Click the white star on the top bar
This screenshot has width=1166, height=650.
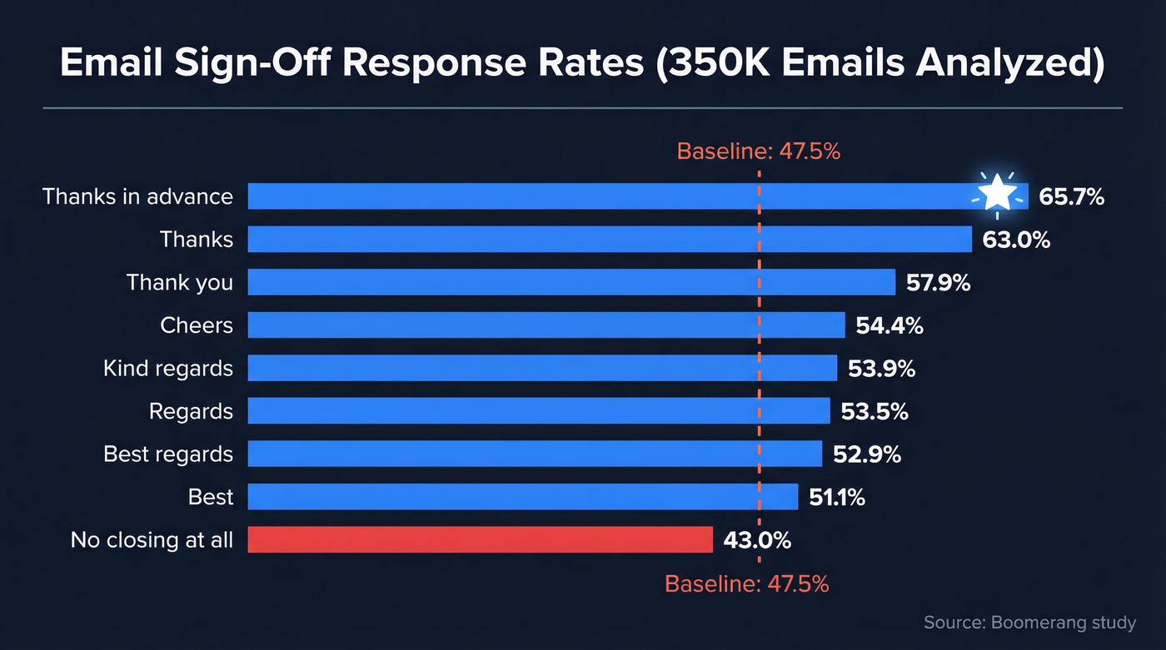pos(997,196)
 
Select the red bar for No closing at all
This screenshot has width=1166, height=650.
pos(481,539)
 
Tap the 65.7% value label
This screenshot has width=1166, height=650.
pos(1071,197)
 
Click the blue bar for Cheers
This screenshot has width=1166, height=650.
pos(546,325)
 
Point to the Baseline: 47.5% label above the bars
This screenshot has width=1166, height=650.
pos(758,151)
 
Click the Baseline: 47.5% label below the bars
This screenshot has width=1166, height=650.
pos(747,583)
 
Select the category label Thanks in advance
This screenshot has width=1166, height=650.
pos(137,196)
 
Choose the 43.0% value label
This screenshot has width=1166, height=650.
pos(757,540)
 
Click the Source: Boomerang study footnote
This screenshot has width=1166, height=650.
pos(1029,623)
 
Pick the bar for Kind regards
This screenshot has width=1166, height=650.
pos(542,368)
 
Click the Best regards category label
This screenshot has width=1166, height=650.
pos(168,454)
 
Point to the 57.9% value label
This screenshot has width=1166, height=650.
pos(938,282)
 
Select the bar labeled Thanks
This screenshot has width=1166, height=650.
pos(610,239)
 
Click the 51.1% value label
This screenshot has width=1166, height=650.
pos(837,498)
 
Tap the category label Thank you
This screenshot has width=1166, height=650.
pos(180,282)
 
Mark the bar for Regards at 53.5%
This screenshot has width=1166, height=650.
pos(539,411)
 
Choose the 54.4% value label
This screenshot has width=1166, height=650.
pos(889,325)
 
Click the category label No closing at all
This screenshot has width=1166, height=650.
pos(152,540)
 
